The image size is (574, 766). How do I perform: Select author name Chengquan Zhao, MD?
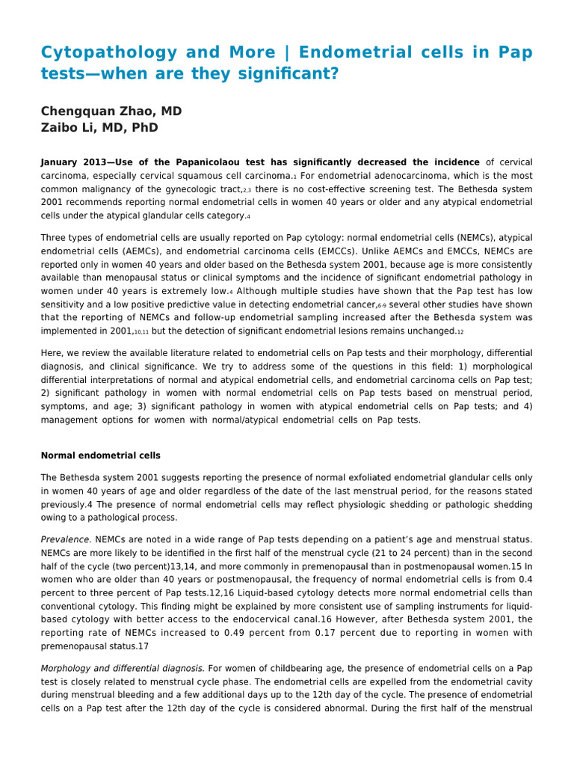click(x=111, y=111)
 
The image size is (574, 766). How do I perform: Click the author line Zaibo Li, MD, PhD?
click(x=99, y=127)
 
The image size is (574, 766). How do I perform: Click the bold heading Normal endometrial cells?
click(x=100, y=456)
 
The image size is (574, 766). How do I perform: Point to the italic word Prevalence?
click(x=66, y=539)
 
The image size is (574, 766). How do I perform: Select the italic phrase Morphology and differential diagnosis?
click(x=123, y=668)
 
